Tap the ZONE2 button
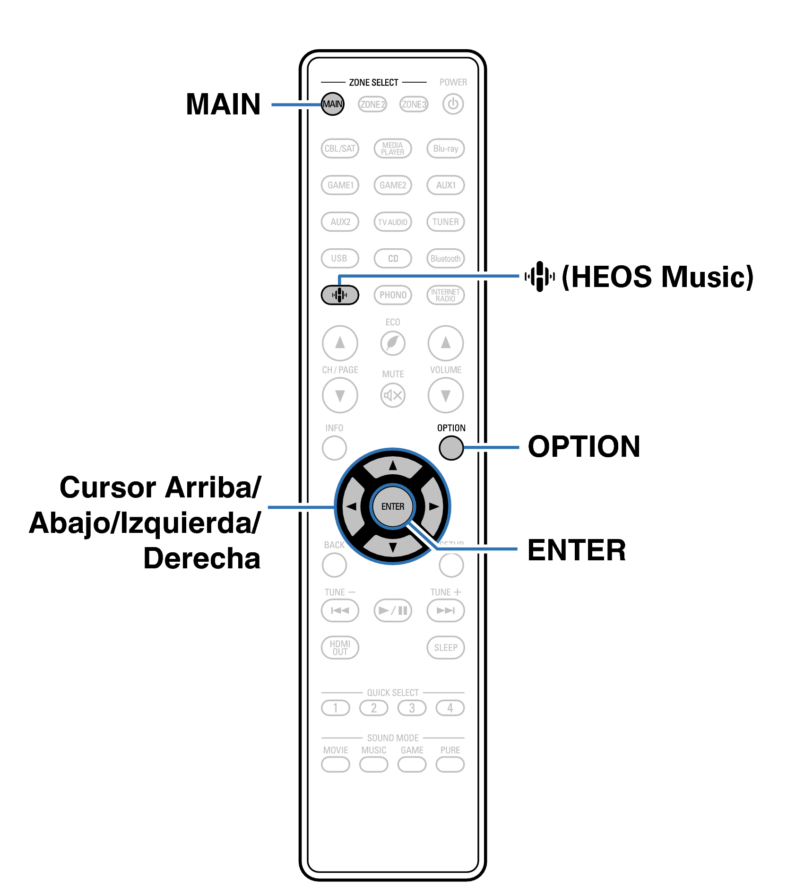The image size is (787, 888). click(x=372, y=104)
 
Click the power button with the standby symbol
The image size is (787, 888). click(x=453, y=104)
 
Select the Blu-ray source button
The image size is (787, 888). click(x=446, y=148)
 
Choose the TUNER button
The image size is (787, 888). click(x=446, y=222)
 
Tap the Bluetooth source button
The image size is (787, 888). click(x=446, y=259)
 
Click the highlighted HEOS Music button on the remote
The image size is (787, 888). click(x=340, y=295)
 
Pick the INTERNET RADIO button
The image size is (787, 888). click(x=446, y=295)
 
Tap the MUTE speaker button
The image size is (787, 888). click(x=393, y=395)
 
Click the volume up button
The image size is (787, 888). click(x=446, y=343)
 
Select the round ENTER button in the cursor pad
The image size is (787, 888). click(x=393, y=506)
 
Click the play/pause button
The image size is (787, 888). click(x=393, y=610)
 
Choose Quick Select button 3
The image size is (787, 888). click(x=412, y=708)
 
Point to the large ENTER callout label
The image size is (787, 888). click(x=577, y=550)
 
